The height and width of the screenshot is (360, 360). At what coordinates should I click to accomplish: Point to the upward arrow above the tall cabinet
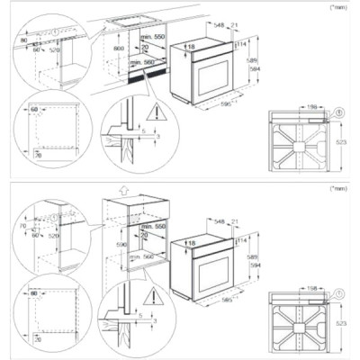click(x=121, y=192)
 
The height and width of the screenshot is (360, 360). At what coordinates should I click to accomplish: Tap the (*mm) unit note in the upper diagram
click(x=339, y=6)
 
